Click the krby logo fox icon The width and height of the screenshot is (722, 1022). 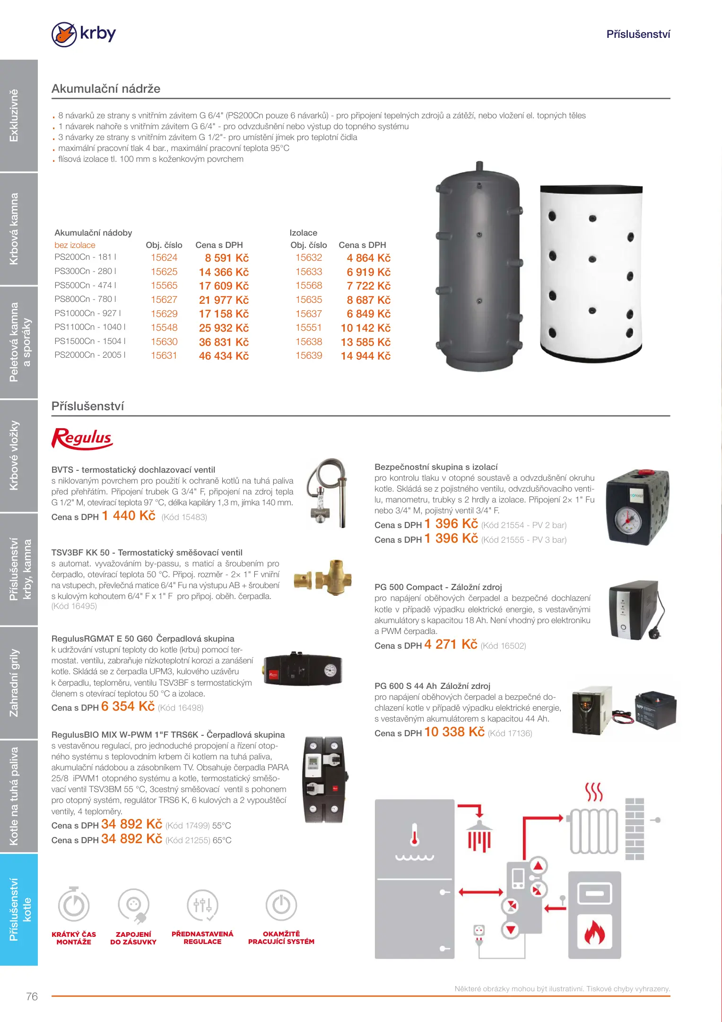[x=64, y=35]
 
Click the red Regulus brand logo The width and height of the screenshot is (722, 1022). [x=82, y=438]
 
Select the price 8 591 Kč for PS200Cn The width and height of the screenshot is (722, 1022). [x=226, y=258]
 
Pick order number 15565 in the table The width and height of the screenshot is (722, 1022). [x=164, y=286]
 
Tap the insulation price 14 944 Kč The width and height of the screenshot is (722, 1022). [x=365, y=356]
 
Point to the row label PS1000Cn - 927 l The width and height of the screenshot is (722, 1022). [x=87, y=313]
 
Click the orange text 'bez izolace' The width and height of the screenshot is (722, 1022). [x=75, y=245]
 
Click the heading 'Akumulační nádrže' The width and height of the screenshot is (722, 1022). [x=106, y=89]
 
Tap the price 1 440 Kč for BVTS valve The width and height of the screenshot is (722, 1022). [x=129, y=516]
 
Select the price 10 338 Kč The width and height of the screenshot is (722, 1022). [x=454, y=732]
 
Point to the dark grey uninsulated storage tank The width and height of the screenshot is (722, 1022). [x=478, y=267]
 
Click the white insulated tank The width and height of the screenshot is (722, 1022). [x=591, y=272]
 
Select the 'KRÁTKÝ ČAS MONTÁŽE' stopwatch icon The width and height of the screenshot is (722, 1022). [x=74, y=906]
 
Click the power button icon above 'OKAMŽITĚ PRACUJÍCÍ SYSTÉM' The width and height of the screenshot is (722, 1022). [x=281, y=906]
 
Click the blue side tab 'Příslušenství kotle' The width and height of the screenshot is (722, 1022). [x=19, y=909]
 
